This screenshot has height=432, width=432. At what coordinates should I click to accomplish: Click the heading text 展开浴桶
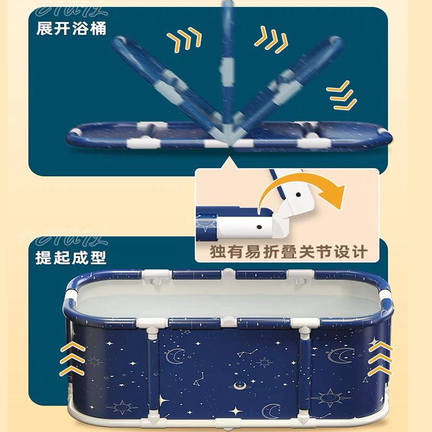coord(71,28)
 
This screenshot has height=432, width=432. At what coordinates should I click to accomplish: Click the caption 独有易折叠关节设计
coord(289,252)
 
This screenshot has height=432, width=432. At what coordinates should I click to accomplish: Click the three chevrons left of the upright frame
coord(184,39)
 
